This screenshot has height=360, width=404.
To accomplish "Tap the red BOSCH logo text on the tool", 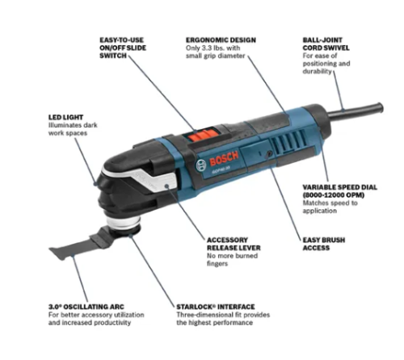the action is [x=224, y=159].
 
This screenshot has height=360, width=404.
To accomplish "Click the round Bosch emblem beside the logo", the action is [x=201, y=165].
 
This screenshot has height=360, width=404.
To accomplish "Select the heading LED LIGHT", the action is [x=65, y=117].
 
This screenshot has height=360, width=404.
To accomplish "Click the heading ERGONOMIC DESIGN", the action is [x=221, y=40].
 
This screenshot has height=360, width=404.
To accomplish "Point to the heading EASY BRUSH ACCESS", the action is [x=324, y=244].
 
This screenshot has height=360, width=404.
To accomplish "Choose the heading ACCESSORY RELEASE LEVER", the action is [x=234, y=244].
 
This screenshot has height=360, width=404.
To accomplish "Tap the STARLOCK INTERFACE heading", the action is [x=216, y=307].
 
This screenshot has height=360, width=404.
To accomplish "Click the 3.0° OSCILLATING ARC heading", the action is [x=86, y=307].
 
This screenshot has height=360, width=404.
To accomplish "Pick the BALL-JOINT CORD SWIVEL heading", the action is [x=326, y=44].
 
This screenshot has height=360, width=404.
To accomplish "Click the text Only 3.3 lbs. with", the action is [x=213, y=48].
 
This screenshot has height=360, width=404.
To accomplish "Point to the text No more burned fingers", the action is [x=232, y=260].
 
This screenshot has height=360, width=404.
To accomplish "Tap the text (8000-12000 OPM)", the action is [x=334, y=195].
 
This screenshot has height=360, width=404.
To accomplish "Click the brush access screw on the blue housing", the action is [x=269, y=153].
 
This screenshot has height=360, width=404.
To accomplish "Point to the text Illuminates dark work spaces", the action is [x=73, y=129].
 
